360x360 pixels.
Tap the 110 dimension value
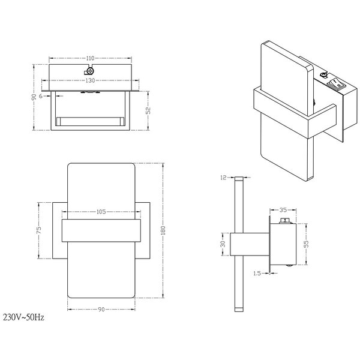[x=90, y=58]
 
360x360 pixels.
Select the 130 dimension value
[x=90, y=80]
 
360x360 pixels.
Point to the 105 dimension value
[x=101, y=211]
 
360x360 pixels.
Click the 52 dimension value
[x=148, y=110]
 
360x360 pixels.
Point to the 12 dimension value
[x=223, y=178]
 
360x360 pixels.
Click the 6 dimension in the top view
[x=40, y=95]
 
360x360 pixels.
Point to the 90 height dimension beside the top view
[x=34, y=97]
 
